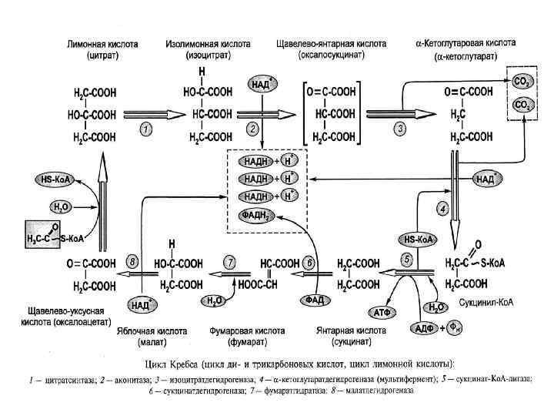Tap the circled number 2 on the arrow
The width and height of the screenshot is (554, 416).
[252, 129]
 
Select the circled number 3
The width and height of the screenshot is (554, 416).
[400, 129]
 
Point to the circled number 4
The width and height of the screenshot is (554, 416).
[442, 207]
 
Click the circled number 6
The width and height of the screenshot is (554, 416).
[309, 262]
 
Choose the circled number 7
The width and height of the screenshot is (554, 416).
[229, 262]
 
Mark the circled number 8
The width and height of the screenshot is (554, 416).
[133, 262]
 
